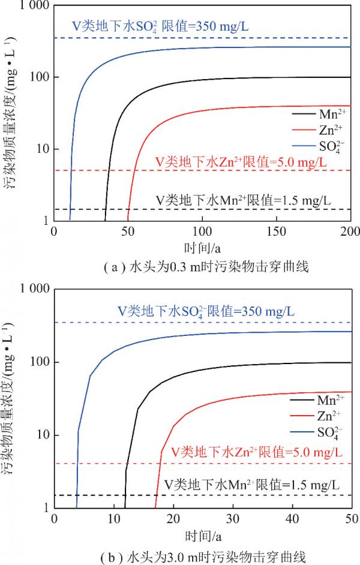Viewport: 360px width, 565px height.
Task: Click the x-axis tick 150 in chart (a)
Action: pos(277,232)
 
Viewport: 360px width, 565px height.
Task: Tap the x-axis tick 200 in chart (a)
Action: pos(350,232)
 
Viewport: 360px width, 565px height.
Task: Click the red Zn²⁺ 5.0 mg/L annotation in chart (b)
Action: pos(257,451)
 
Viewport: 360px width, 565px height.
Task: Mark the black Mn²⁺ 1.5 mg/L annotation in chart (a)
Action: pos(244,199)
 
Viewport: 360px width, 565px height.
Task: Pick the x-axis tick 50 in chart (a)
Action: pos(128,232)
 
